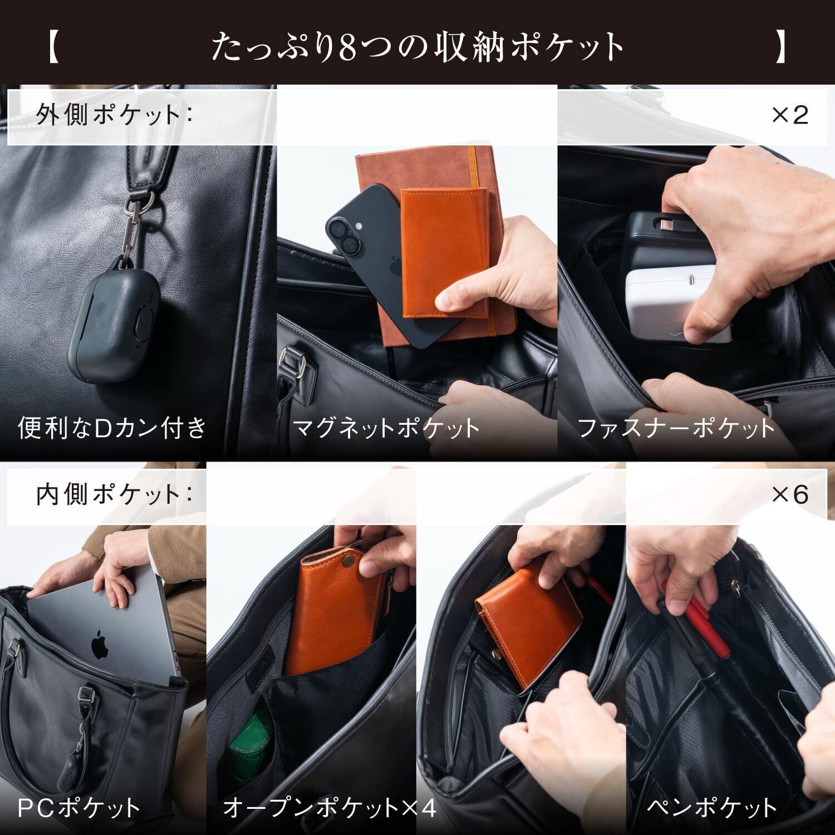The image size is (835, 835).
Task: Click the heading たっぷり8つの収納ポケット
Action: pyautogui.click(x=417, y=47)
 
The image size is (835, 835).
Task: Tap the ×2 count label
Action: pyautogui.click(x=789, y=115)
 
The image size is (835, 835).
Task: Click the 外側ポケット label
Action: pyautogui.click(x=114, y=115)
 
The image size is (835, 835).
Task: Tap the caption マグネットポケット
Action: pyautogui.click(x=386, y=428)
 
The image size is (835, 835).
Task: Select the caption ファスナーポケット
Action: pyautogui.click(x=676, y=428)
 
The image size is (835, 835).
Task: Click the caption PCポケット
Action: pyautogui.click(x=78, y=807)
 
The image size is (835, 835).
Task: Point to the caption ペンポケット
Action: pyautogui.click(x=712, y=807)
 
